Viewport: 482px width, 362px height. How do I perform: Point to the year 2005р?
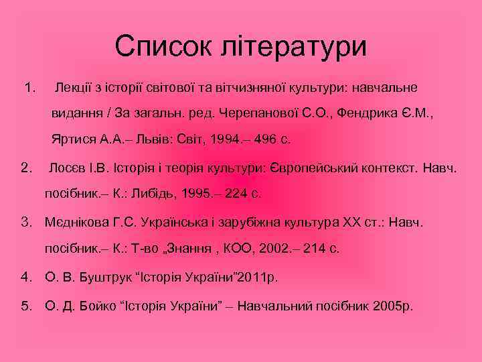tap(394, 306)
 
